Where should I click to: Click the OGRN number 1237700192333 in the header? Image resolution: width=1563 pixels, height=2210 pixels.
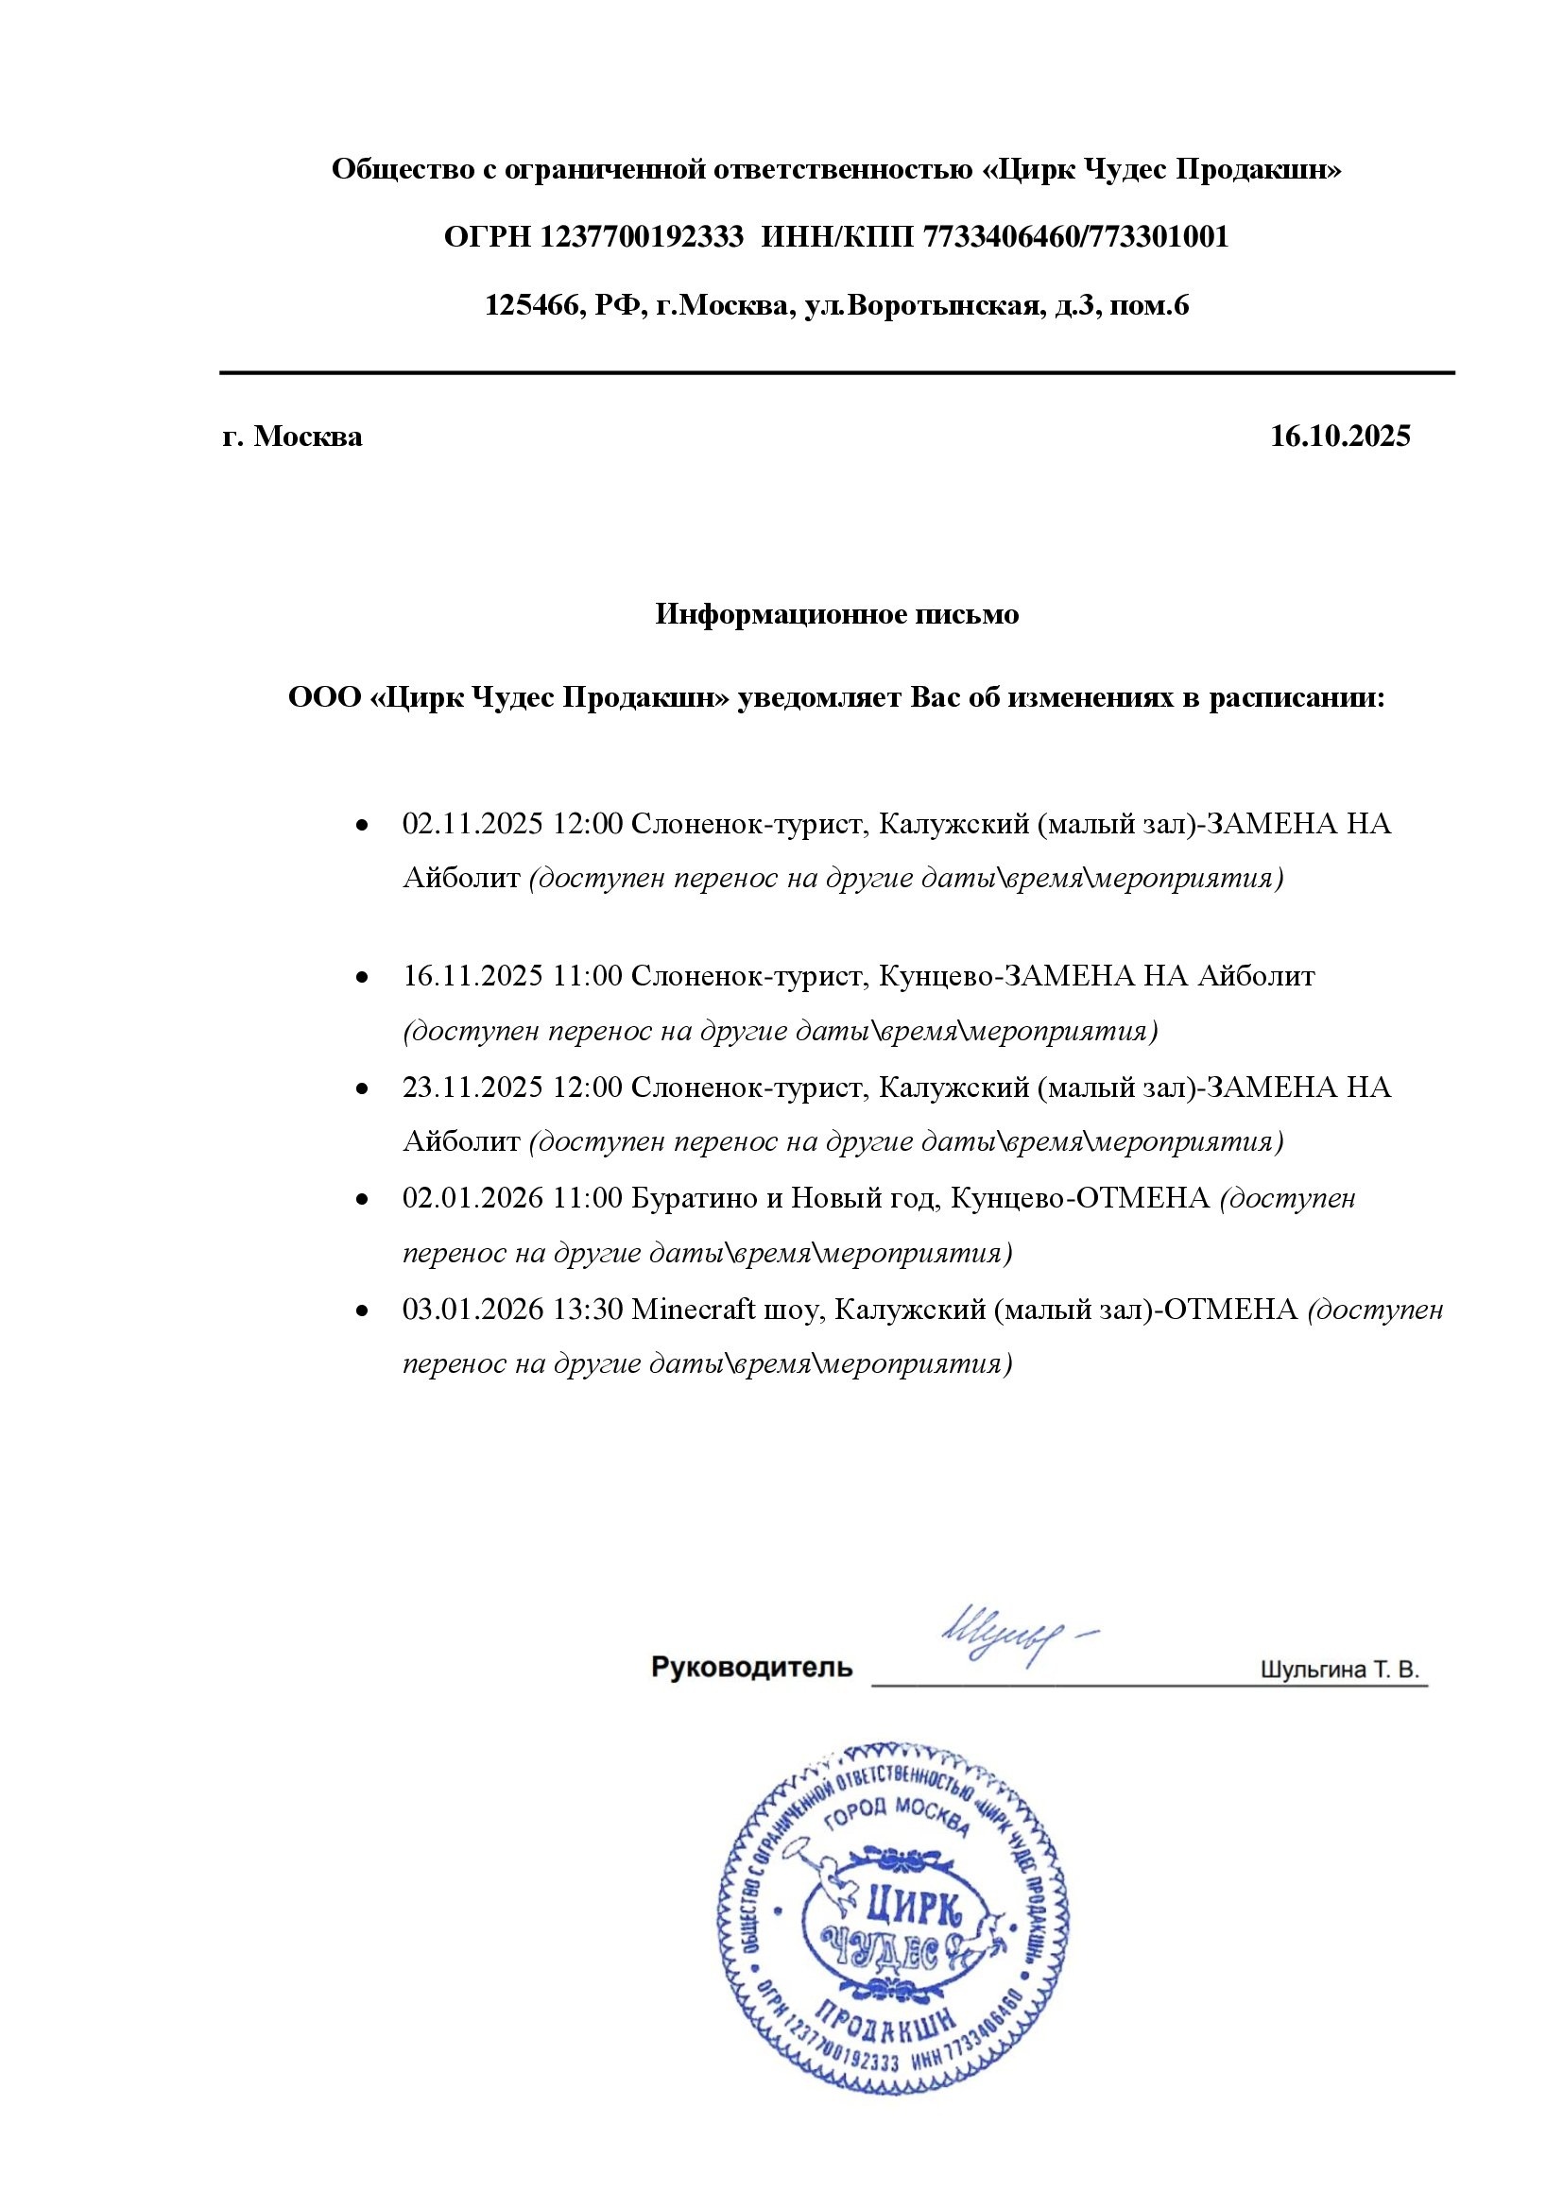click(x=642, y=237)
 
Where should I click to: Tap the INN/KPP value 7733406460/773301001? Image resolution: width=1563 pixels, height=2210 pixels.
click(x=1075, y=237)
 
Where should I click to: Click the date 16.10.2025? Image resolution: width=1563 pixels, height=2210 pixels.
click(x=1340, y=436)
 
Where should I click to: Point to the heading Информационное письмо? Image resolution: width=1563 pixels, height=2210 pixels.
click(x=836, y=614)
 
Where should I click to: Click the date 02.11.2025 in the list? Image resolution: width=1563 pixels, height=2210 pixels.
click(x=472, y=824)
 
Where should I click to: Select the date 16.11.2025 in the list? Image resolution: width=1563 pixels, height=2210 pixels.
click(x=472, y=976)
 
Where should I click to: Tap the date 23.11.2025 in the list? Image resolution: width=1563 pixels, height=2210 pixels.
click(x=472, y=1088)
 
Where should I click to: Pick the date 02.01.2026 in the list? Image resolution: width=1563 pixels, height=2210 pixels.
click(x=472, y=1198)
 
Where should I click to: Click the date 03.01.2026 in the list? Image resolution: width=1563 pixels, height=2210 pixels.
click(x=472, y=1310)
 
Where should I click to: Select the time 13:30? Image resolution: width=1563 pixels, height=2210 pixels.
click(x=588, y=1310)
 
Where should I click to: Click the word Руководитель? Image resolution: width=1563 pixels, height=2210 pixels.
click(x=751, y=1667)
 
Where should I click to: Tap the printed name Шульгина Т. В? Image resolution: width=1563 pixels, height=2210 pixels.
click(x=1340, y=1670)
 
